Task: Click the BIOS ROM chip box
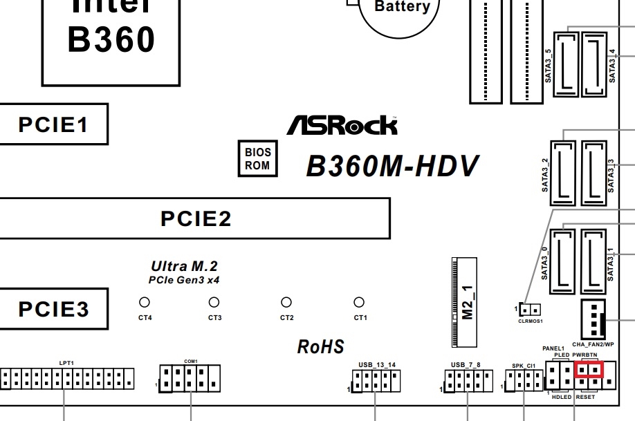coord(257,158)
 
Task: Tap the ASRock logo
coord(342,125)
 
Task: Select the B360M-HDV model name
coord(392,167)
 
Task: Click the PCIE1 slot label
coord(53,124)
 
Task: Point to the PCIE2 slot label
coord(196,218)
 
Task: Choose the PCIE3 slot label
coord(53,308)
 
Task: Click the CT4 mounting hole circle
coord(145,302)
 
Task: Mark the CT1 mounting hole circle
coord(358,302)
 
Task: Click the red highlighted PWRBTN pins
coord(589,370)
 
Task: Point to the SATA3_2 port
coord(563,173)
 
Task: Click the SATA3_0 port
coord(563,263)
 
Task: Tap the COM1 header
coord(189,378)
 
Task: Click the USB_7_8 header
coord(468,380)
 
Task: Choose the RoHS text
coord(321,346)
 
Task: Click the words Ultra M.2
coord(184,266)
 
